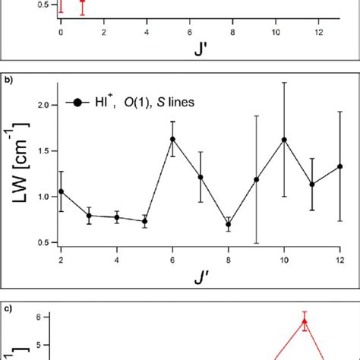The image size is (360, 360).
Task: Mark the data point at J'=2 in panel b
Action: click(x=61, y=191)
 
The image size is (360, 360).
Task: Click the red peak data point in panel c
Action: click(x=305, y=321)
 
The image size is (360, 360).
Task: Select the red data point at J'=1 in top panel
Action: click(x=83, y=2)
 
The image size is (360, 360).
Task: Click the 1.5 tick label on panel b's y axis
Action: click(x=44, y=150)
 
